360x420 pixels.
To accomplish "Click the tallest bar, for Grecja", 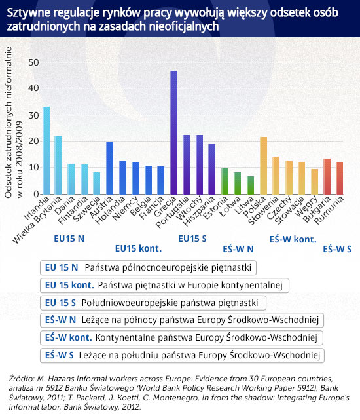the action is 173,132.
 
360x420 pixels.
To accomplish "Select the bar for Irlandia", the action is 46,151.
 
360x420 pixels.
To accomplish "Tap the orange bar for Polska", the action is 264,166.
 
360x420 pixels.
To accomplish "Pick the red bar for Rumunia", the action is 340,178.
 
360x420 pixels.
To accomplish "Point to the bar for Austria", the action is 110,168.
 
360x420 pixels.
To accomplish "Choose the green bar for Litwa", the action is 251,185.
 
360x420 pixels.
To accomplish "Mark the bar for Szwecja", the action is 97,183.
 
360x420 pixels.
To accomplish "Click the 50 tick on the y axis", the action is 34,62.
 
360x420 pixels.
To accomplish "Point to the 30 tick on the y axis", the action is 34,115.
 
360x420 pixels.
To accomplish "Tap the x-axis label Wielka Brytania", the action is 37,220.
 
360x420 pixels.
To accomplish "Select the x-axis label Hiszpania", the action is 199,212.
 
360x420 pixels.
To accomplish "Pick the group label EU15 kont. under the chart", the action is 138,248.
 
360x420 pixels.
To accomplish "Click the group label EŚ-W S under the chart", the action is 337,249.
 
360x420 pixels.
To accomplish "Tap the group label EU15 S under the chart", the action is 192,239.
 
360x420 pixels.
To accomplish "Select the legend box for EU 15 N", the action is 148,267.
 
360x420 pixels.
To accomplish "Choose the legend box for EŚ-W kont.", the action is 181,337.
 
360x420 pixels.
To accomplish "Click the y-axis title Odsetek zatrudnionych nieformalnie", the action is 9,123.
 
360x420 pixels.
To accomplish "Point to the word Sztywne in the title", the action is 28,13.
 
